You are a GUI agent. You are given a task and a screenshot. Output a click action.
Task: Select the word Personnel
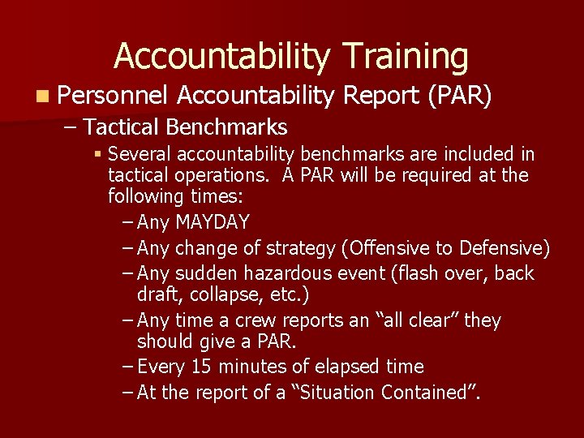point(113,97)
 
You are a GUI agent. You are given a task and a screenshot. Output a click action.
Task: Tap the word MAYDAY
point(213,222)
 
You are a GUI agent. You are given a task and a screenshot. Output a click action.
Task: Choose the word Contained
point(432,393)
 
